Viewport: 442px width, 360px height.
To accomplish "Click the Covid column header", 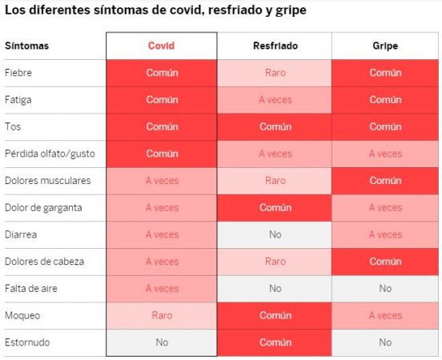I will [x=161, y=46].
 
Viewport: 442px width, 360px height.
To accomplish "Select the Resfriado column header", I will [x=275, y=46].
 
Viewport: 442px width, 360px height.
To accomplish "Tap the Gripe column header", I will [x=385, y=46].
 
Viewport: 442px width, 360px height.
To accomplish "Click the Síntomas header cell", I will [x=27, y=46].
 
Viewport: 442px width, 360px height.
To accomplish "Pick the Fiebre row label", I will [x=18, y=73].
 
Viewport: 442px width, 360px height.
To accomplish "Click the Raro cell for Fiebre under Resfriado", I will [x=275, y=73].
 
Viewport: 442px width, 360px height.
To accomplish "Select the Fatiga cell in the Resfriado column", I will [x=275, y=100].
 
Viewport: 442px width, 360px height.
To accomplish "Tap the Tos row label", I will [x=13, y=127].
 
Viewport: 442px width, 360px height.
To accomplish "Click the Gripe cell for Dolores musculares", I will [x=385, y=181].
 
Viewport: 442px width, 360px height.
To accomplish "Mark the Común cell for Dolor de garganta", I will [x=275, y=208].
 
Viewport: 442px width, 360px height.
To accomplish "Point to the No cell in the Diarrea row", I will [x=275, y=234].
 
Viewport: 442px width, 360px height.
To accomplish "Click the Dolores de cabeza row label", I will [x=44, y=262].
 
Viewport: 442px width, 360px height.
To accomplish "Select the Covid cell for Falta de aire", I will [x=161, y=289].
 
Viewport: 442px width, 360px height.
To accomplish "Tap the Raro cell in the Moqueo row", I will [x=161, y=315].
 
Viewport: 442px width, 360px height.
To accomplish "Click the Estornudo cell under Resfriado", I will [x=275, y=342].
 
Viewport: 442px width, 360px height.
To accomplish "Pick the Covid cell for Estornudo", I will [x=161, y=342].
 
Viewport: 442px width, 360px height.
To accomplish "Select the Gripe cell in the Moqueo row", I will [x=385, y=315].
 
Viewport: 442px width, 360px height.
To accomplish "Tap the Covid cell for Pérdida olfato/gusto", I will [x=161, y=154].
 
